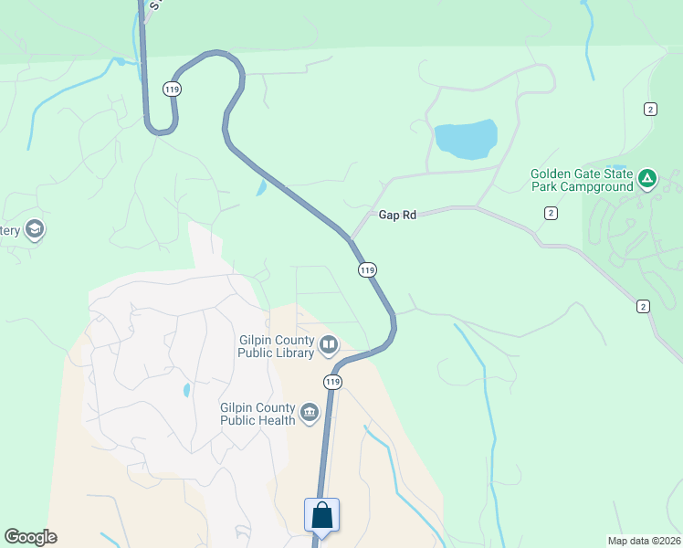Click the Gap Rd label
click(397, 215)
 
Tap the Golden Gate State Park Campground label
click(582, 180)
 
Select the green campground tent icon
click(646, 178)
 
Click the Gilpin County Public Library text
click(277, 345)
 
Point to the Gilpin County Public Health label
click(257, 414)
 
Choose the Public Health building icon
click(310, 414)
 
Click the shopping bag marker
click(321, 515)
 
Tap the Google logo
click(30, 537)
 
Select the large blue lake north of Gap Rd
click(466, 139)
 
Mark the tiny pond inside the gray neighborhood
click(186, 390)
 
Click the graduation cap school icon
click(35, 228)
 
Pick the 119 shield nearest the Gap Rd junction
click(367, 269)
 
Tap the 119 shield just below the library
click(332, 381)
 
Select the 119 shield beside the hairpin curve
click(173, 89)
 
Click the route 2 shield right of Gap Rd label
click(551, 213)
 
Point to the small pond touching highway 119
click(262, 188)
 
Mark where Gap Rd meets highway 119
click(350, 239)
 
